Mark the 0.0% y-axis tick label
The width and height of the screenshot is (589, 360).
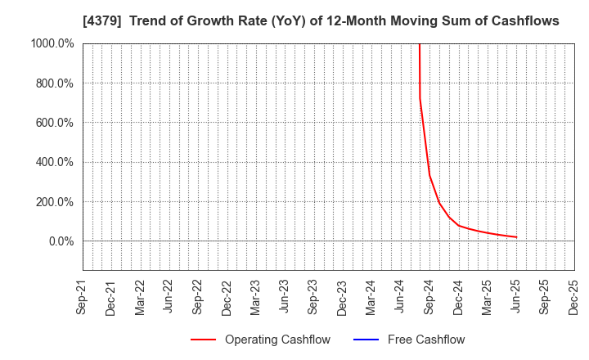[x=61, y=241]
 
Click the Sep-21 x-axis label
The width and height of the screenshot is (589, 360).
[x=83, y=297]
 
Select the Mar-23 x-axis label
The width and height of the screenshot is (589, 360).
[x=256, y=297]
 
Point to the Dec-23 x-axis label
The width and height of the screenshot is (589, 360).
[x=342, y=297]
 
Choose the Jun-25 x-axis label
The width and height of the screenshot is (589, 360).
[x=515, y=297]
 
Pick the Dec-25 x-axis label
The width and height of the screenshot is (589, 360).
[x=573, y=297]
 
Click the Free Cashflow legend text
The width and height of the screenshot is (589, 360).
[x=426, y=340]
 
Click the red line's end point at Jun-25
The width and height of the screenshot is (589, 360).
[x=516, y=237]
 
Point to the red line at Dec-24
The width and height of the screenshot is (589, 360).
[x=458, y=225]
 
